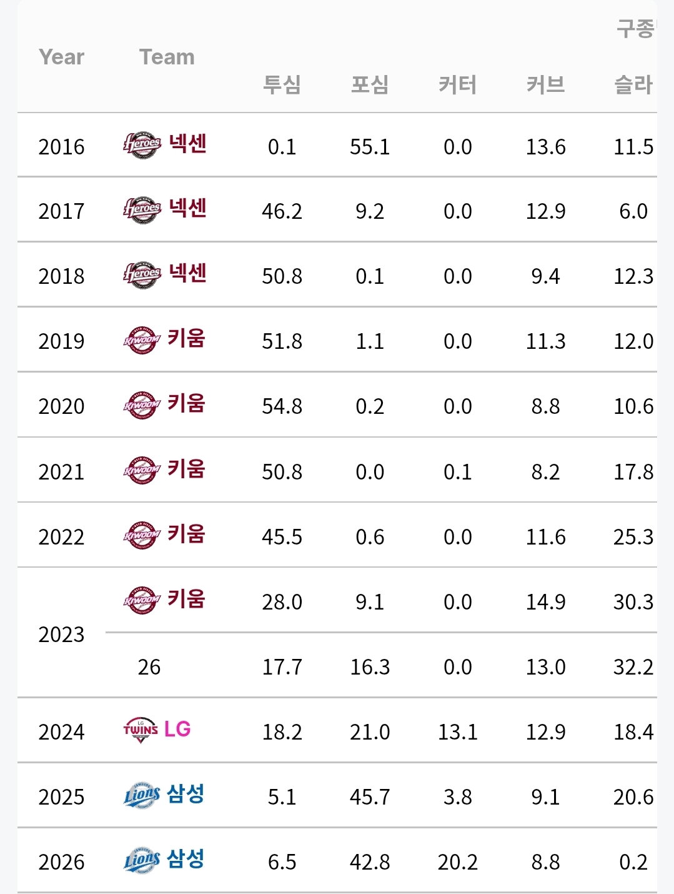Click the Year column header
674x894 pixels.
(x=61, y=57)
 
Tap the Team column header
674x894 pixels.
(x=167, y=57)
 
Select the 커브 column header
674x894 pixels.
(x=545, y=85)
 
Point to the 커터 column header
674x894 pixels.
(x=458, y=85)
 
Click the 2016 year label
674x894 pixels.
(x=61, y=147)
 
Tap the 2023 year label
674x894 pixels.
(x=61, y=634)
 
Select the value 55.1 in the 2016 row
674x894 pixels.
(x=370, y=147)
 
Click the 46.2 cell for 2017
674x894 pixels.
(x=282, y=211)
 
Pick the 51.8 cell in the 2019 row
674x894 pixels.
(x=282, y=341)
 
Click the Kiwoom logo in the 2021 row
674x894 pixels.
(x=142, y=470)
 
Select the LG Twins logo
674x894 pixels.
(x=141, y=730)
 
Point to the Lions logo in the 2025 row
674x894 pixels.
(x=142, y=795)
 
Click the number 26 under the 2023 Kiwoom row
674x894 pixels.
(x=149, y=666)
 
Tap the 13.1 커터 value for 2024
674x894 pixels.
(x=458, y=732)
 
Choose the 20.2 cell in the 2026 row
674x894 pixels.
(x=458, y=862)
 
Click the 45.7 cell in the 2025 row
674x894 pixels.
(x=370, y=796)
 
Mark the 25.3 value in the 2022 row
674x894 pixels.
(x=633, y=536)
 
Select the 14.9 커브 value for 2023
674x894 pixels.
(x=545, y=601)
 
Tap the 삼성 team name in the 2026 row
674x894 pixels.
(x=186, y=860)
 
